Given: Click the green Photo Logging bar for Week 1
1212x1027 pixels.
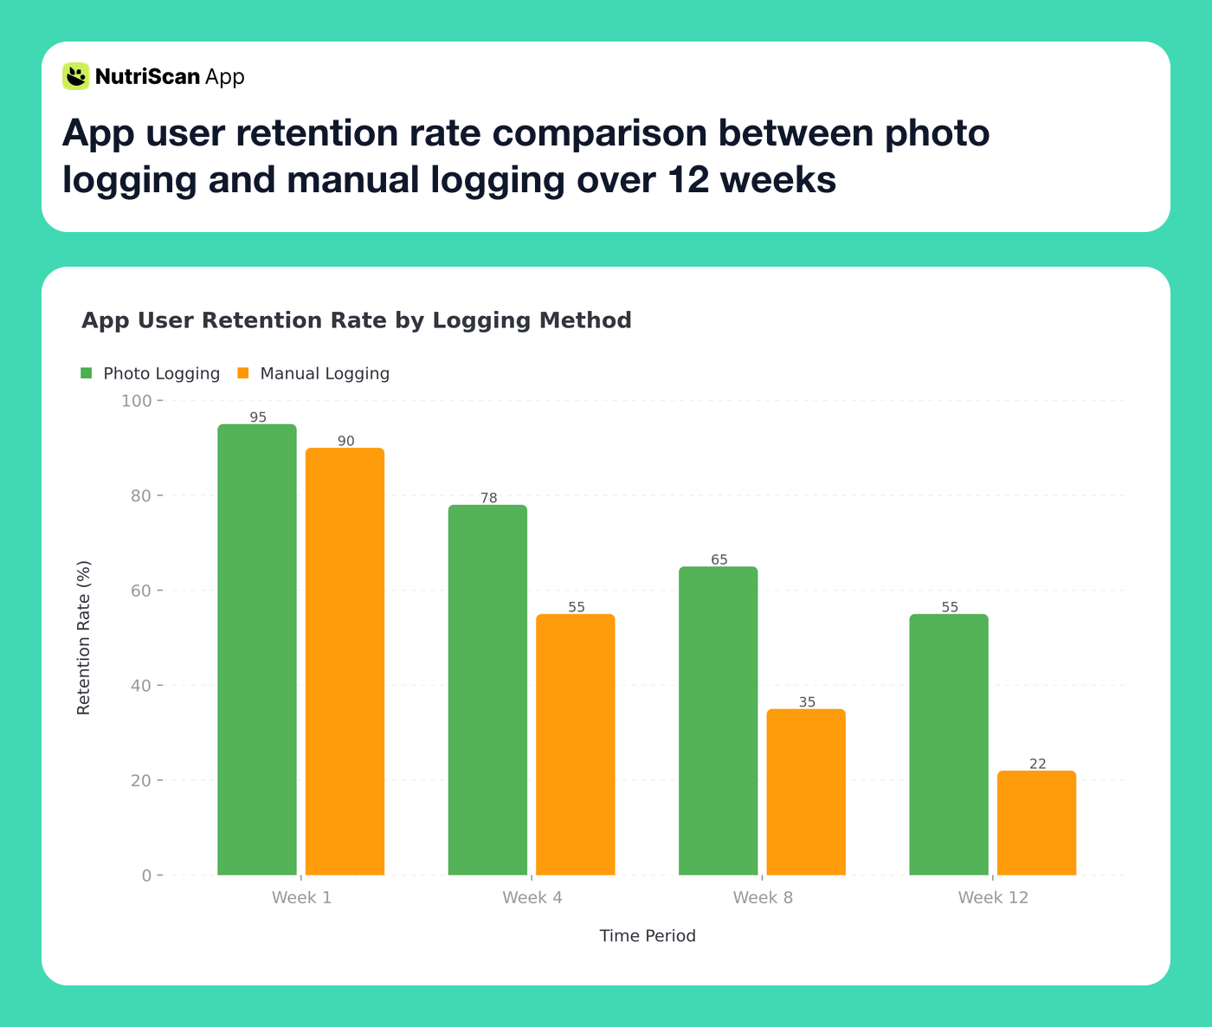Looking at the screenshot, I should tap(256, 649).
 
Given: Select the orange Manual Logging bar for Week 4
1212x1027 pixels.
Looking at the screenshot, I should tap(576, 745).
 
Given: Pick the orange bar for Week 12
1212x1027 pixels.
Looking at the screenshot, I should tap(1036, 823).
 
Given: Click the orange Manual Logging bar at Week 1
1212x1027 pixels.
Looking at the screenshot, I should tap(345, 662).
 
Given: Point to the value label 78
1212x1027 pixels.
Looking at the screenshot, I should tap(489, 498).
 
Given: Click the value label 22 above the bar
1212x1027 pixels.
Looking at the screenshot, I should tap(1037, 764).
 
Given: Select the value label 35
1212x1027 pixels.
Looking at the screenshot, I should tap(807, 702).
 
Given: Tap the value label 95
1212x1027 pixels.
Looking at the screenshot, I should tap(258, 417).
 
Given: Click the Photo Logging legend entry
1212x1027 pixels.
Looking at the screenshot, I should tap(151, 373).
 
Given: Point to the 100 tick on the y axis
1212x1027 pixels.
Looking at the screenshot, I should tap(136, 401).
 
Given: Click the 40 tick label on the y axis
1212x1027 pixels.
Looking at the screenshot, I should tap(139, 686).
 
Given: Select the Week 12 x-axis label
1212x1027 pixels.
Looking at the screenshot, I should tap(993, 897).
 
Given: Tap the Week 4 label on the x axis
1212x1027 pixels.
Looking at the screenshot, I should tap(532, 897).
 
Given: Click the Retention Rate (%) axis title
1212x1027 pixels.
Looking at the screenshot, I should tap(83, 637).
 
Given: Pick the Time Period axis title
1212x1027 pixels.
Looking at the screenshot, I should tap(648, 936).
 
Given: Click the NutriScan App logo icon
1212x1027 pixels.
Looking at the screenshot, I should tap(76, 76).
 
